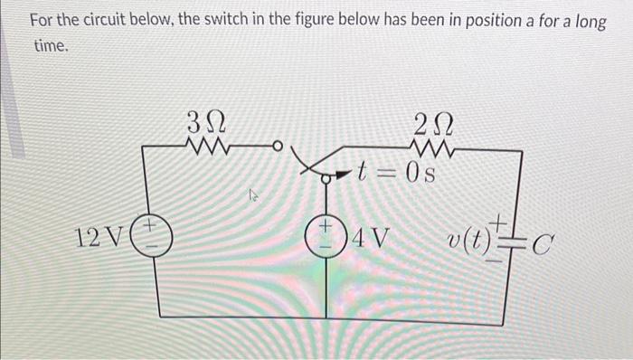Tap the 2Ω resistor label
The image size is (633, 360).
click(428, 120)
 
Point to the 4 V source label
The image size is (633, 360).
click(372, 240)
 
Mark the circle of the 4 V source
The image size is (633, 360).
click(327, 241)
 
